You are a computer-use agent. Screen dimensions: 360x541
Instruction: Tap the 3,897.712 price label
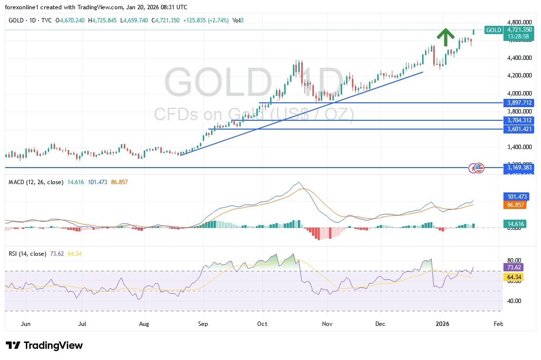click(x=519, y=103)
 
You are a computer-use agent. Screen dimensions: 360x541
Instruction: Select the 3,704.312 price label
click(x=519, y=120)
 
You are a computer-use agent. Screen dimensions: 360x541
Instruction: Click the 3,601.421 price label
click(x=519, y=129)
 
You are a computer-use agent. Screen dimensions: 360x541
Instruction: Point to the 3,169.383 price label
click(x=519, y=168)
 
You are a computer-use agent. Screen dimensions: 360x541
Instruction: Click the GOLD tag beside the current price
click(x=493, y=30)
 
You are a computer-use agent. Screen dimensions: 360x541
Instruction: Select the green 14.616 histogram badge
click(x=516, y=224)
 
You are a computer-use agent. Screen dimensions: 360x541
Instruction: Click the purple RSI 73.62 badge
click(x=515, y=268)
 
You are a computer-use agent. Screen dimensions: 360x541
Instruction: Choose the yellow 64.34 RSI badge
click(x=515, y=277)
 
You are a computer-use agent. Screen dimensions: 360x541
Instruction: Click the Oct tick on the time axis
click(x=262, y=323)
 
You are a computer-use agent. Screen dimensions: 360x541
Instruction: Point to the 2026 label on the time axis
click(x=442, y=323)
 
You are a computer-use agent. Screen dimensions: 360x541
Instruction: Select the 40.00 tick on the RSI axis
click(x=514, y=301)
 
